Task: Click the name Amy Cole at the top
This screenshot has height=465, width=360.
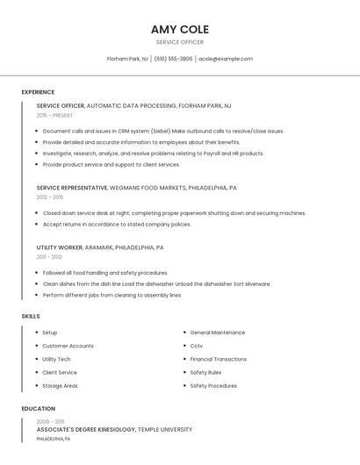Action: tap(180, 29)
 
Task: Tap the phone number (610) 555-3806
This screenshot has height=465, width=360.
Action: tap(173, 59)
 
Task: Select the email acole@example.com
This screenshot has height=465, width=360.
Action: tap(226, 59)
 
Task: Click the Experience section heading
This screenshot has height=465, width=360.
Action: tap(38, 92)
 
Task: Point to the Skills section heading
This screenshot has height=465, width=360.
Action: tap(31, 316)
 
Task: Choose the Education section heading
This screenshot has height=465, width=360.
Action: tap(39, 409)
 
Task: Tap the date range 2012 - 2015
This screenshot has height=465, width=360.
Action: tap(50, 197)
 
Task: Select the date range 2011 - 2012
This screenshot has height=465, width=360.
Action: tap(49, 257)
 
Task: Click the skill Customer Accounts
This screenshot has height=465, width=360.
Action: tap(68, 346)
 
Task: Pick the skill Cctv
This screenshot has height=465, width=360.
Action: tap(197, 346)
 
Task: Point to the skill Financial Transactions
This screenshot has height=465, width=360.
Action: tap(219, 359)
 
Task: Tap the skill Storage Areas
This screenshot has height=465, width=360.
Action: tap(60, 385)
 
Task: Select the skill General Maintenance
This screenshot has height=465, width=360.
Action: tap(218, 333)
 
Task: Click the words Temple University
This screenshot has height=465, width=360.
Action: tap(165, 430)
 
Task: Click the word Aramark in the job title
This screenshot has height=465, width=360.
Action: tap(98, 247)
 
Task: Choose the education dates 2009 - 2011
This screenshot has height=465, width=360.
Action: tap(50, 422)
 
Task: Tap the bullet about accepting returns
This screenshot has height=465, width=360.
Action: tap(117, 224)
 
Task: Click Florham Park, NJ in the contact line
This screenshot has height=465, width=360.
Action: tap(127, 59)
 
